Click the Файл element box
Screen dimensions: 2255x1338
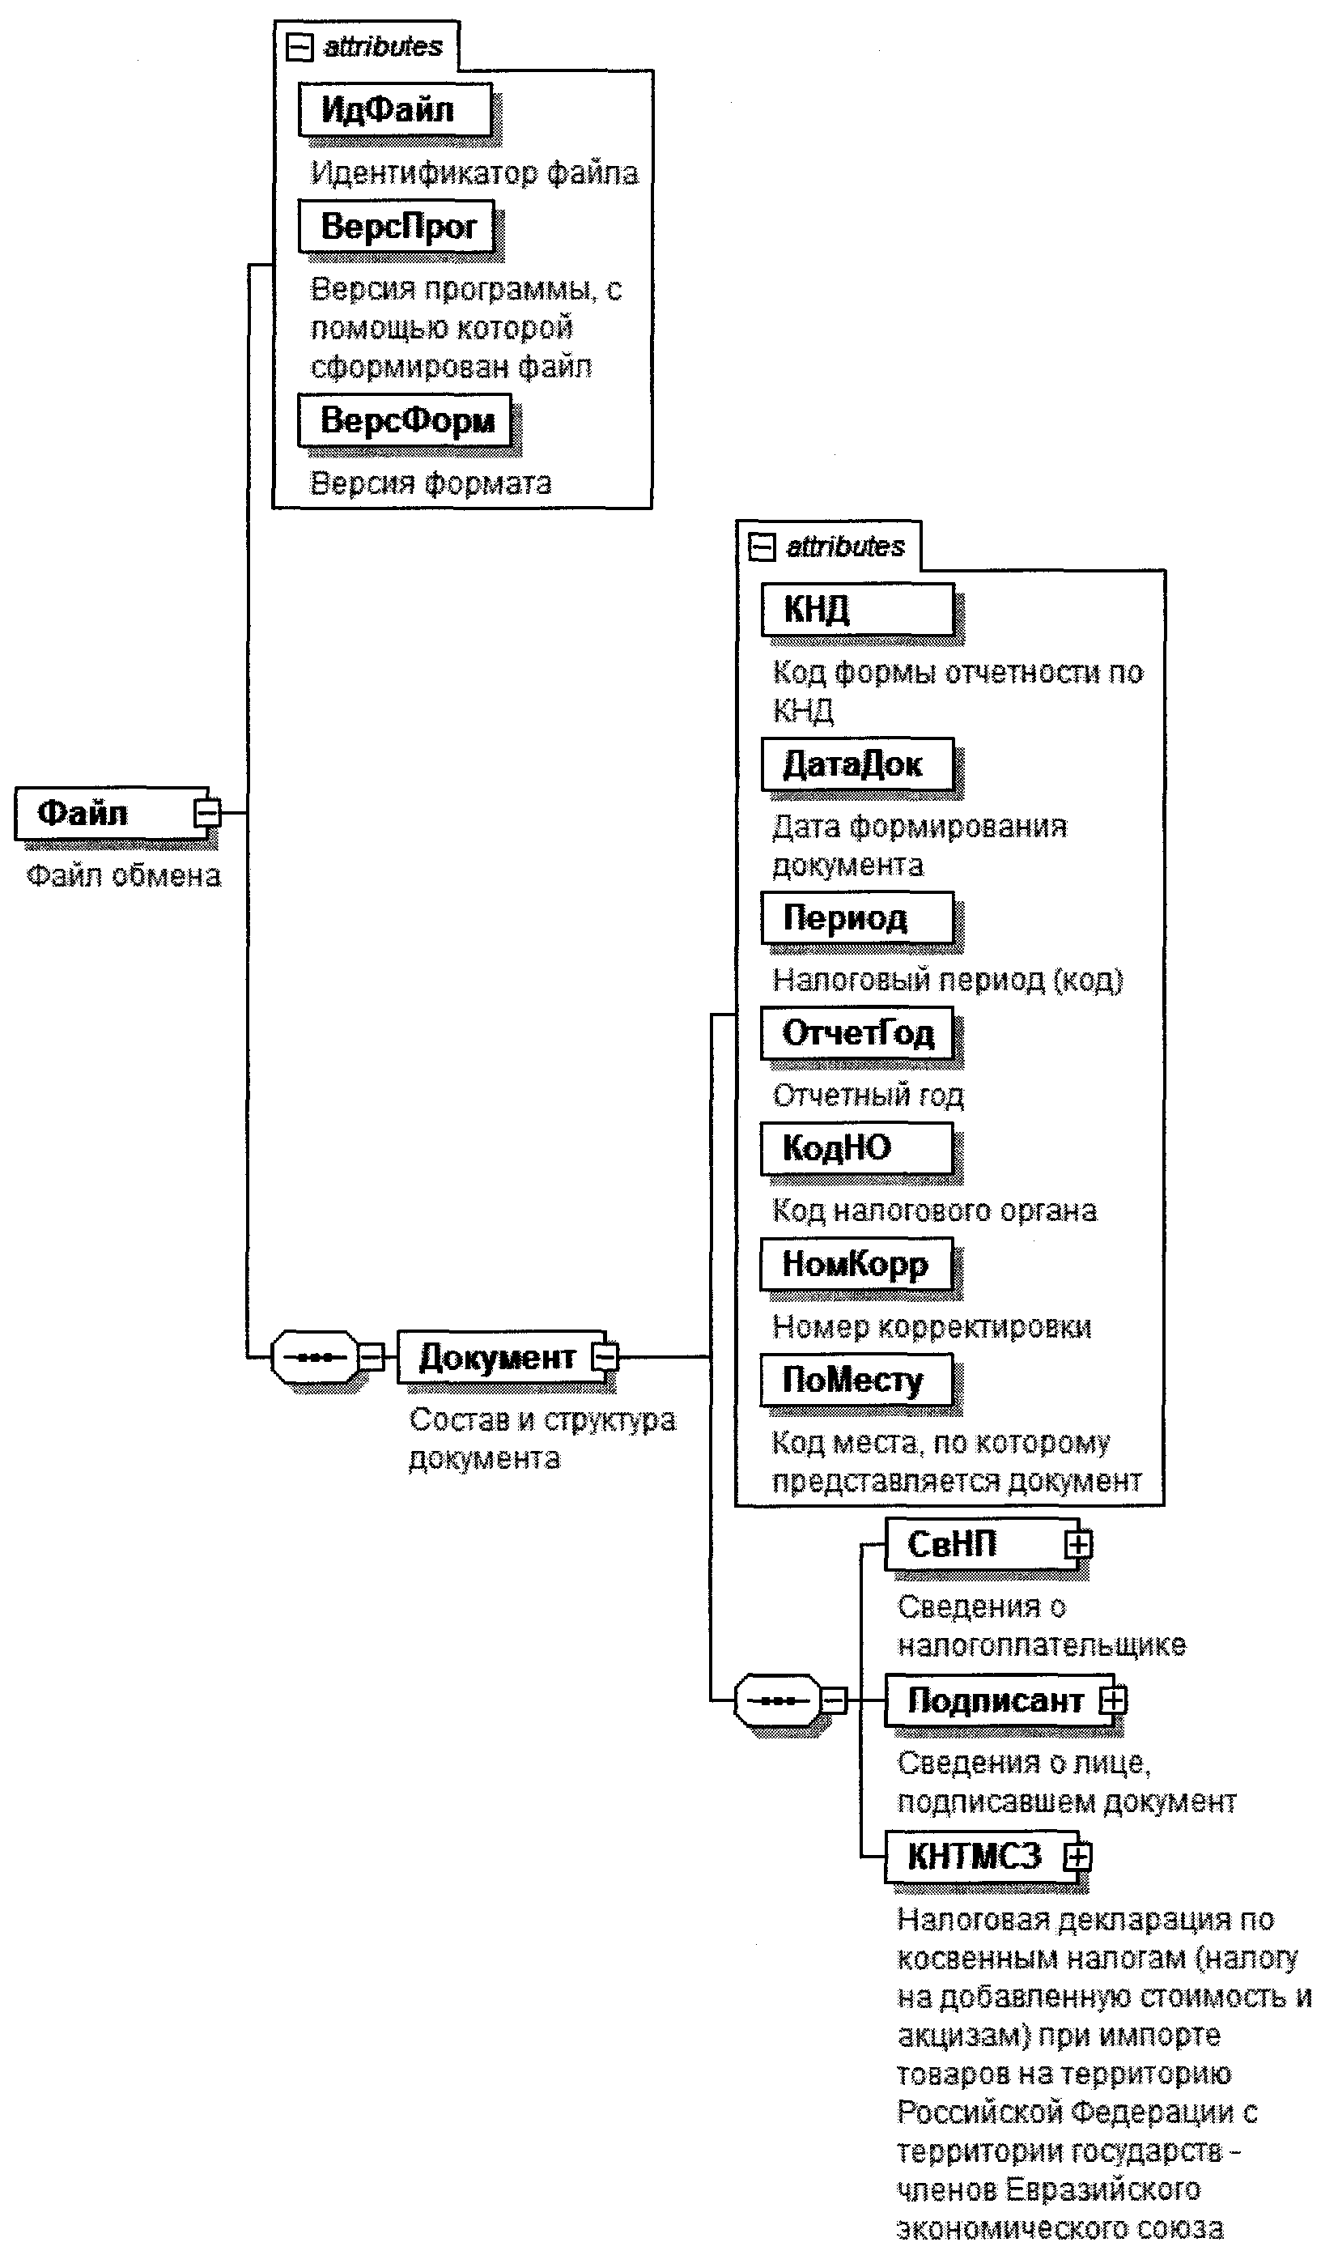pyautogui.click(x=104, y=813)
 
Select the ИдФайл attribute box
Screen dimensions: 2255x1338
pyautogui.click(x=395, y=110)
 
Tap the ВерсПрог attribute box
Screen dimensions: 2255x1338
pyautogui.click(x=397, y=227)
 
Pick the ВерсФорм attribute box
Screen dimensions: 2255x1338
pyautogui.click(x=405, y=420)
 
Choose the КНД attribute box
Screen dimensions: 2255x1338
pyautogui.click(x=856, y=610)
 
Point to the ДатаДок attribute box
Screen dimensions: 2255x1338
pyautogui.click(x=856, y=764)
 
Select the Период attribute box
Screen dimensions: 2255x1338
pyautogui.click(x=856, y=918)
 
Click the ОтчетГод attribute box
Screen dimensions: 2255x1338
pyautogui.click(x=856, y=1033)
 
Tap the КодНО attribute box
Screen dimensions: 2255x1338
pyautogui.click(x=856, y=1148)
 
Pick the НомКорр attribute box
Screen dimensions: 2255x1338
pyautogui.click(x=856, y=1264)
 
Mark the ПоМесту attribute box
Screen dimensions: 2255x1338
pyautogui.click(x=856, y=1381)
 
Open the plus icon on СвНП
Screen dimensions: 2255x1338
pyautogui.click(x=1077, y=1545)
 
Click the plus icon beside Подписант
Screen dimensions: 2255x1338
pyautogui.click(x=1114, y=1700)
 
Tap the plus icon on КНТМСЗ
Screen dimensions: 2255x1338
pyautogui.click(x=1077, y=1857)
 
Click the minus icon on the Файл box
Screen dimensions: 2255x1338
pyautogui.click(x=207, y=813)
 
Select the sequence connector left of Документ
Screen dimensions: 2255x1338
pyautogui.click(x=315, y=1357)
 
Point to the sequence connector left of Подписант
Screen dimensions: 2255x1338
pyautogui.click(x=778, y=1700)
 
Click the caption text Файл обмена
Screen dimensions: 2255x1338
pyautogui.click(x=124, y=876)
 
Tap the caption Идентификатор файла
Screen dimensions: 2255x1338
pyautogui.click(x=474, y=173)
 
